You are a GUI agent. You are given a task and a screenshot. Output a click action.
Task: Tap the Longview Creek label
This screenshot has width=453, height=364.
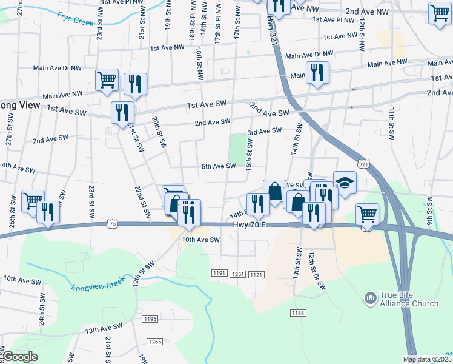tap(97, 283)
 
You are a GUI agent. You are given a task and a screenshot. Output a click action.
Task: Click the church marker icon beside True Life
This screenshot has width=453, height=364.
tap(370, 298)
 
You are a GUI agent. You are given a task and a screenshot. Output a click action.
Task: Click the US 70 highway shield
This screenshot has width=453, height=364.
tap(112, 224)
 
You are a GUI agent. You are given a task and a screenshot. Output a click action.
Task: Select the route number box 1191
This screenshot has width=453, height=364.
tap(220, 274)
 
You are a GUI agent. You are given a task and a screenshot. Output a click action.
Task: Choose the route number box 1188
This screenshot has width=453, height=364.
tap(297, 313)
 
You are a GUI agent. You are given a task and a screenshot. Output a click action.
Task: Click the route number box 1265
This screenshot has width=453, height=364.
tap(155, 342)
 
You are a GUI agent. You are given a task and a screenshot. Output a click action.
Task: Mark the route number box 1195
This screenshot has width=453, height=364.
tap(150, 319)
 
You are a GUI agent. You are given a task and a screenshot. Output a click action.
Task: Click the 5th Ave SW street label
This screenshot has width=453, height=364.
tap(219, 166)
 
